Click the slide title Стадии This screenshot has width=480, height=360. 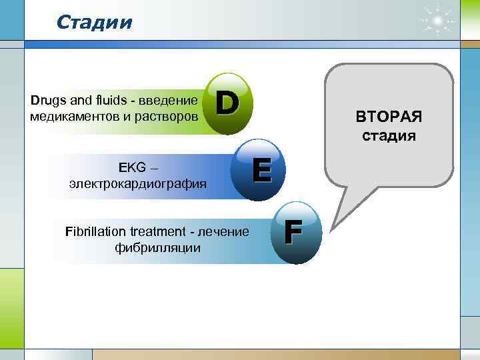95,23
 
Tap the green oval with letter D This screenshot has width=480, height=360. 229,103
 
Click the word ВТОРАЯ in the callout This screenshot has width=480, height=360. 389,117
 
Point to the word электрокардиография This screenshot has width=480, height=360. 137,182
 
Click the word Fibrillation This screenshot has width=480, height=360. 92,232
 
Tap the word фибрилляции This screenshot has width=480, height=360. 154,247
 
